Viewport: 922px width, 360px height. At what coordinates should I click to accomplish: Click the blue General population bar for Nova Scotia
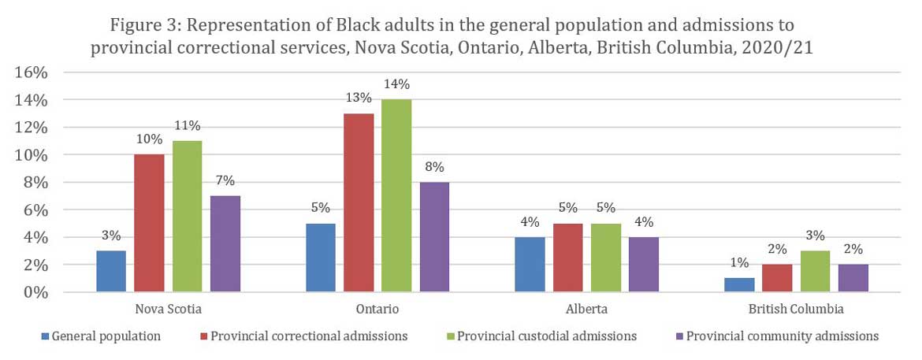tap(111, 271)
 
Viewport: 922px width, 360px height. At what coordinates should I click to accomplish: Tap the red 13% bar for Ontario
tap(359, 202)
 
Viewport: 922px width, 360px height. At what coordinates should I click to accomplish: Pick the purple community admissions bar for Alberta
tap(644, 265)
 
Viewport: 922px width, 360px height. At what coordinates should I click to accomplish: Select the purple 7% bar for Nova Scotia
tap(225, 244)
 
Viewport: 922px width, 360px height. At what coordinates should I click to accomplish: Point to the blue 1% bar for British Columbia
tap(740, 285)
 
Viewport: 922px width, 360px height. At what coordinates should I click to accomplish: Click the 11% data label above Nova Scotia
tap(188, 126)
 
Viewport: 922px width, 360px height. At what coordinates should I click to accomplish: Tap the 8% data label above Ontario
tap(434, 167)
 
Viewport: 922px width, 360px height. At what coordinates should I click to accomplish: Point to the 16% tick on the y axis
tap(32, 72)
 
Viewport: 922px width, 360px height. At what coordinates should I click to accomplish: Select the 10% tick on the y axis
tap(32, 155)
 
